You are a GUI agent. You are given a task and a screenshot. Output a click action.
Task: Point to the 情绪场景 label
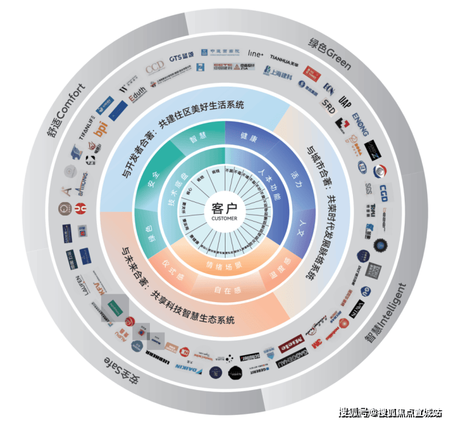pos(224,266)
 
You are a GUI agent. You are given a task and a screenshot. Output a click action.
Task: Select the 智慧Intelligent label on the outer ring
pos(384,312)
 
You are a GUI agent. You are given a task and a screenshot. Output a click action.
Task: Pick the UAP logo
pos(345,99)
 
